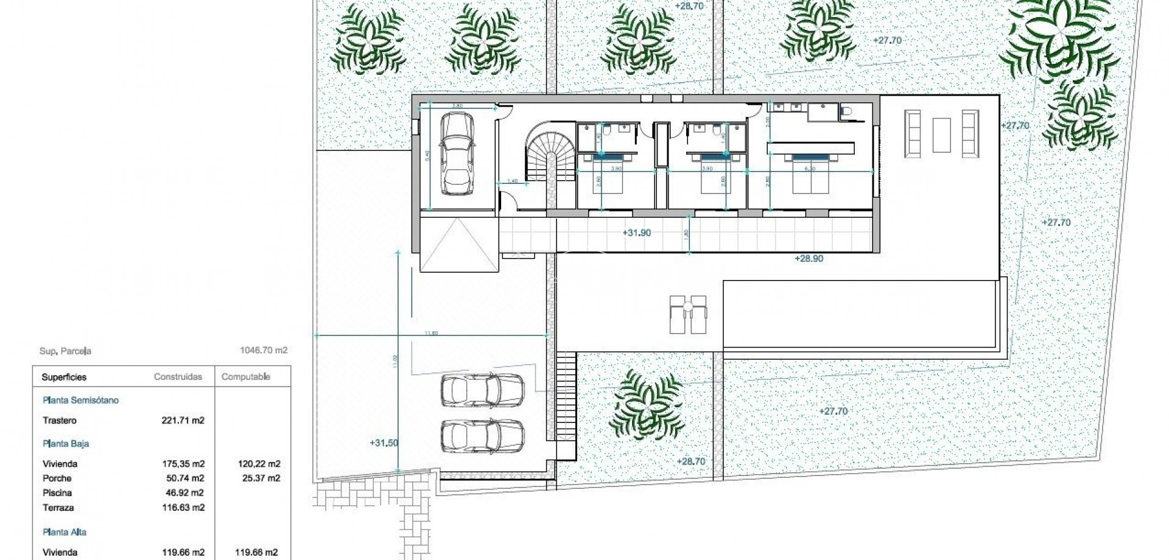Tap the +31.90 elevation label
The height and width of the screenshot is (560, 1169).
(637, 233)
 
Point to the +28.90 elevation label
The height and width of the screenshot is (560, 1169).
(809, 258)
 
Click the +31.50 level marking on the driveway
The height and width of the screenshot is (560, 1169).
(384, 443)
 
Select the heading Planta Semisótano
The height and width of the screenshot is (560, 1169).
(80, 401)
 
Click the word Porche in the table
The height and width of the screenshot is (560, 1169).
(57, 478)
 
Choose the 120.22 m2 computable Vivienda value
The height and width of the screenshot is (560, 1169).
(258, 464)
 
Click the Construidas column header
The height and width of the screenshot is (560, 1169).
(178, 377)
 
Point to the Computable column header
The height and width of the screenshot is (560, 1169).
(245, 377)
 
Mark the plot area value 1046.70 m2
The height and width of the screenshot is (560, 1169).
(264, 351)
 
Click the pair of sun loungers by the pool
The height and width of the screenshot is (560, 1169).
(688, 314)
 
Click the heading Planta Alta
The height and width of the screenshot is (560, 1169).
(65, 532)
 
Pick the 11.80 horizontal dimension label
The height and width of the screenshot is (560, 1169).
(431, 333)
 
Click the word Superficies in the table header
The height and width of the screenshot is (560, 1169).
(64, 377)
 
